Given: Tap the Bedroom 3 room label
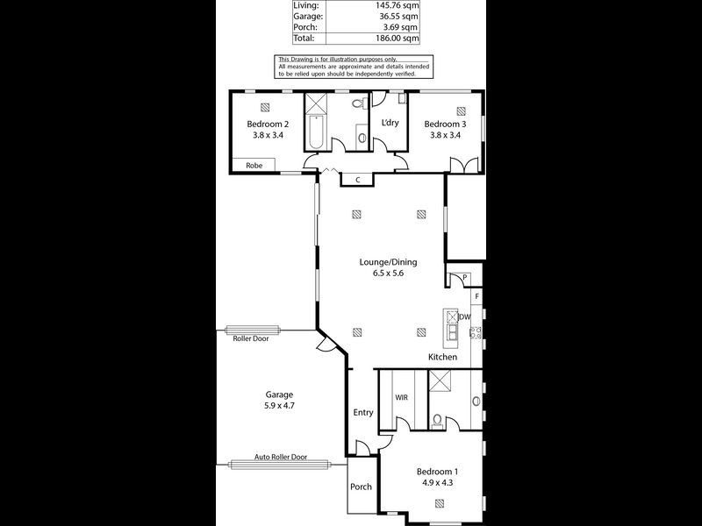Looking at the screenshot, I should [448, 124].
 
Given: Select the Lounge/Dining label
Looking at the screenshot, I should [387, 261].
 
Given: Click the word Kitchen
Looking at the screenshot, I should [442, 358].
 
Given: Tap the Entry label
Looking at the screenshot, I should [363, 412].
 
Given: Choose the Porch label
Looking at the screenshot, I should [361, 487].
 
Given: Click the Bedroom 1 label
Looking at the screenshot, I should [437, 470].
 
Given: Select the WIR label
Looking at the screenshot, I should [401, 397].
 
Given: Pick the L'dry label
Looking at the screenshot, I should [390, 123].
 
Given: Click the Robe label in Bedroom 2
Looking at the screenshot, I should [254, 165].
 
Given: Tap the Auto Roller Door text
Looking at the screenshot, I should [281, 457].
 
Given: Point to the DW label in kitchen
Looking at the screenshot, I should [465, 316].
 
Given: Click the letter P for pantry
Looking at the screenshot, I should [465, 279].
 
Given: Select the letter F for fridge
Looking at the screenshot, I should [478, 297].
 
